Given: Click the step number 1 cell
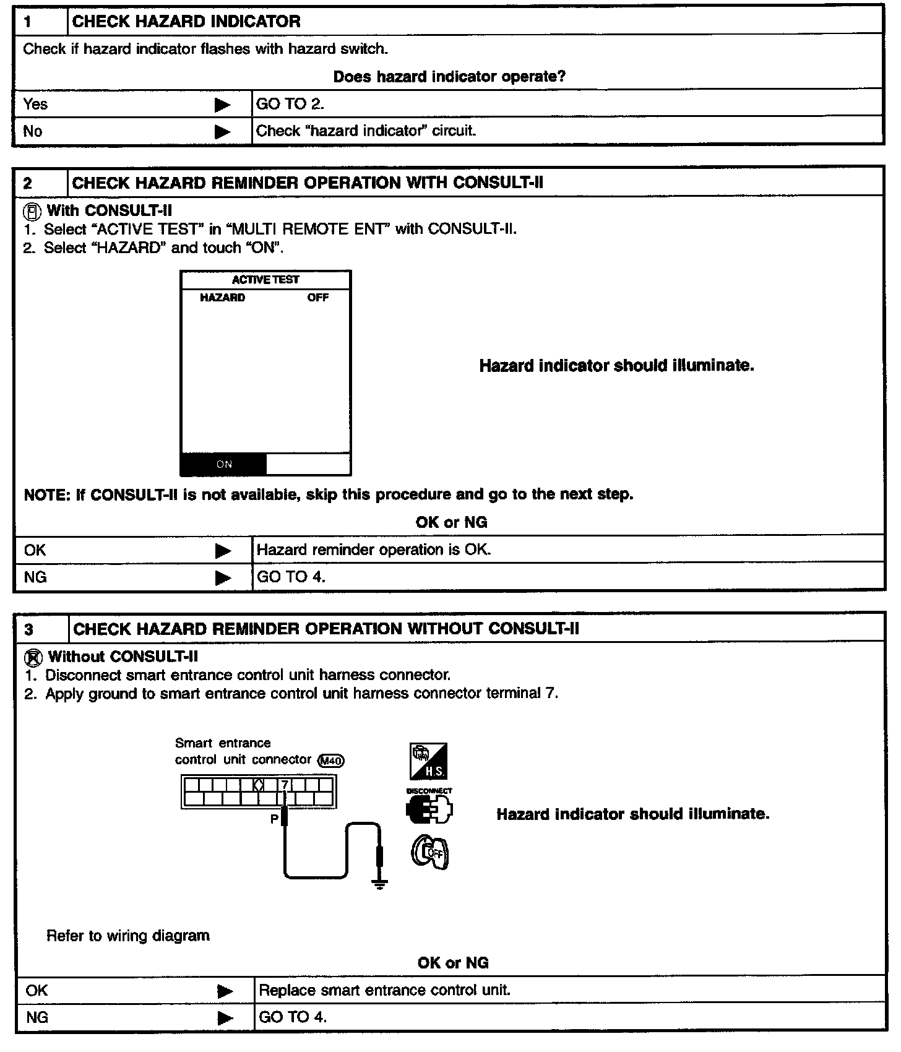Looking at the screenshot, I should tap(40, 21).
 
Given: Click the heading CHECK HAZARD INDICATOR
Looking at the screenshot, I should tap(186, 21).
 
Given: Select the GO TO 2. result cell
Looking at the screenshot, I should tap(290, 104).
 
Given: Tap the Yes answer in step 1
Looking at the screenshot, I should tap(35, 104).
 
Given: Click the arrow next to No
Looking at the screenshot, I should tap(222, 132).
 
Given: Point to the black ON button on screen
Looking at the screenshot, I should tap(224, 464).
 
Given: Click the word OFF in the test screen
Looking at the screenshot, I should tap(318, 298).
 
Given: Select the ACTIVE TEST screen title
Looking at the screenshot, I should tap(265, 280).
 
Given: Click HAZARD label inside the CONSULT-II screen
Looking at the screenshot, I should tap(222, 298).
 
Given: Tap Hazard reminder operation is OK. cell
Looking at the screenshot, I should tap(374, 550).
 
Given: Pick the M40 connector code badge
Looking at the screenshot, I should tap(331, 761).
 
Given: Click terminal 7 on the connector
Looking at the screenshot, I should tap(285, 785).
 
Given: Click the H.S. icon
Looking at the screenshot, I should tap(428, 762).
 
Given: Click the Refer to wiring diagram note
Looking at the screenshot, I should tap(128, 936).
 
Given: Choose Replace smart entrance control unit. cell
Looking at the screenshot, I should tap(384, 990).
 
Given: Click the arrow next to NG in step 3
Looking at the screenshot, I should tap(225, 1018).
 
